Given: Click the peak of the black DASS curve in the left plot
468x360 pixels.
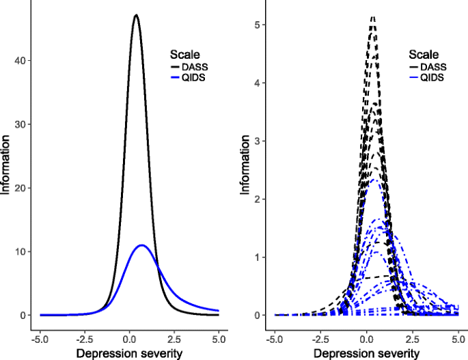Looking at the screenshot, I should pyautogui.click(x=136, y=15).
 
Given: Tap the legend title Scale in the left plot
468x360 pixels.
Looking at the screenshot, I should pyautogui.click(x=184, y=54).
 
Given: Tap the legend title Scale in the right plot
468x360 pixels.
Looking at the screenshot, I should pyautogui.click(x=424, y=54).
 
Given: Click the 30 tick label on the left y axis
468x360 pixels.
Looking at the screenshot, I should pyautogui.click(x=24, y=124).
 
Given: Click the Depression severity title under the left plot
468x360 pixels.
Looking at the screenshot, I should pyautogui.click(x=129, y=352).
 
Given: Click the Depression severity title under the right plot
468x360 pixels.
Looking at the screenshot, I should pyautogui.click(x=366, y=352).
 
